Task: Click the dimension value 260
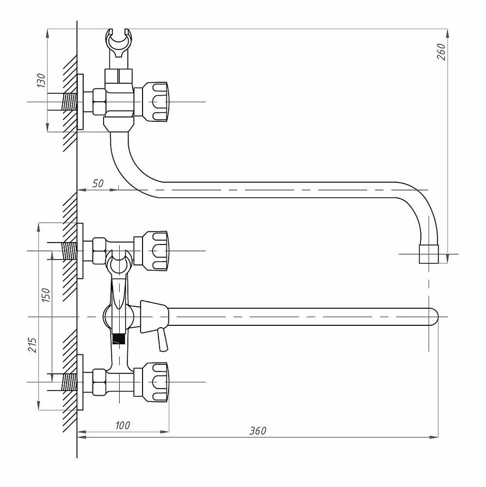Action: point(441,52)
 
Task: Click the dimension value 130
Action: point(41,80)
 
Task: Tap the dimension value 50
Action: point(98,184)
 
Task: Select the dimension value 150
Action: point(46,295)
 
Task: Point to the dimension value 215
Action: point(33,345)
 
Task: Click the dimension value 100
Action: point(123,425)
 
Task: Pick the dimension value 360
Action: point(258,431)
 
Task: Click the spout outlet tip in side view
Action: point(429,254)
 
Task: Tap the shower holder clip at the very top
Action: point(119,43)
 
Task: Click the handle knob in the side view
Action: point(156,102)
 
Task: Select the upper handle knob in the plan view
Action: point(156,251)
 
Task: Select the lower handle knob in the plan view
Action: point(156,382)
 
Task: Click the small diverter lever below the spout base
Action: point(162,340)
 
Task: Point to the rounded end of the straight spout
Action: point(434,317)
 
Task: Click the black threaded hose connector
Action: point(119,339)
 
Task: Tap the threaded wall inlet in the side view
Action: point(70,102)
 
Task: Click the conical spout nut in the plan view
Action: point(154,317)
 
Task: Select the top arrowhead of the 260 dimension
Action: point(448,34)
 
